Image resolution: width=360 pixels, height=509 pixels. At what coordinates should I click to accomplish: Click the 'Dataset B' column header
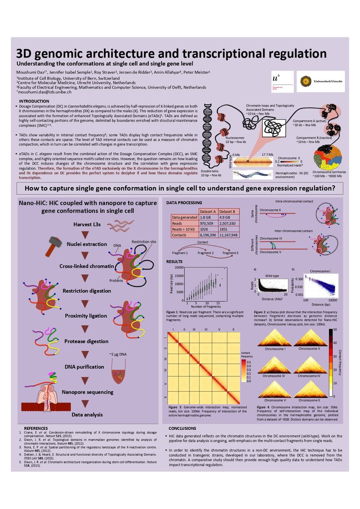[230, 211]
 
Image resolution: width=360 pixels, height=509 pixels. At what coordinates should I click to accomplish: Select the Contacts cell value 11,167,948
[230, 235]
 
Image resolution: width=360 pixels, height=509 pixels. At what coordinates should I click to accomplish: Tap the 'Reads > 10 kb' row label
[183, 229]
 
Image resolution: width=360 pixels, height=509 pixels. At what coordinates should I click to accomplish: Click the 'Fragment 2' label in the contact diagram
[205, 253]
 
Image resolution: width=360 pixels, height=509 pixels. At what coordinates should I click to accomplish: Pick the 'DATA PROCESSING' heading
[184, 203]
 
